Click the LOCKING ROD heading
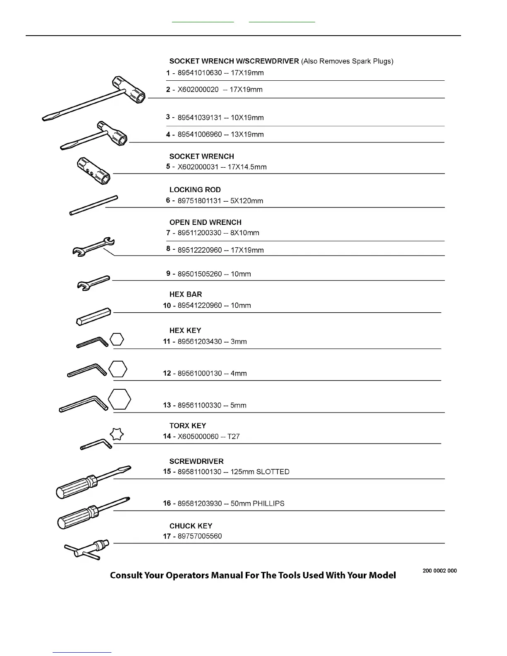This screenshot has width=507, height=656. (195, 190)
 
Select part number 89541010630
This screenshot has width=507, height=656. (200, 73)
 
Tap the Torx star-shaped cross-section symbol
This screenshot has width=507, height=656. (117, 434)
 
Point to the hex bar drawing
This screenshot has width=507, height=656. (94, 316)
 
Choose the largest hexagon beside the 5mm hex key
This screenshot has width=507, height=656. (119, 399)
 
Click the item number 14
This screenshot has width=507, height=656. (167, 436)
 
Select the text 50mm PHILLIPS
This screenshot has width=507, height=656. (258, 504)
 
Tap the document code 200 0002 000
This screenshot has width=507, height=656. (439, 571)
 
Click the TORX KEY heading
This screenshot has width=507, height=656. (187, 426)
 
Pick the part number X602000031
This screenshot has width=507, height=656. (198, 167)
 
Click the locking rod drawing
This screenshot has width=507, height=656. (94, 205)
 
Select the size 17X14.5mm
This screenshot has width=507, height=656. (247, 167)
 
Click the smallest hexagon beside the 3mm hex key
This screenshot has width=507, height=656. (117, 340)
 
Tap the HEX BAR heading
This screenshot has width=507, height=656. (186, 294)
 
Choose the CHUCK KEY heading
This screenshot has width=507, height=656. (191, 526)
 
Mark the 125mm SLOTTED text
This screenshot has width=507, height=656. (260, 472)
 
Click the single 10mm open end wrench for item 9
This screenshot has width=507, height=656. (94, 283)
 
